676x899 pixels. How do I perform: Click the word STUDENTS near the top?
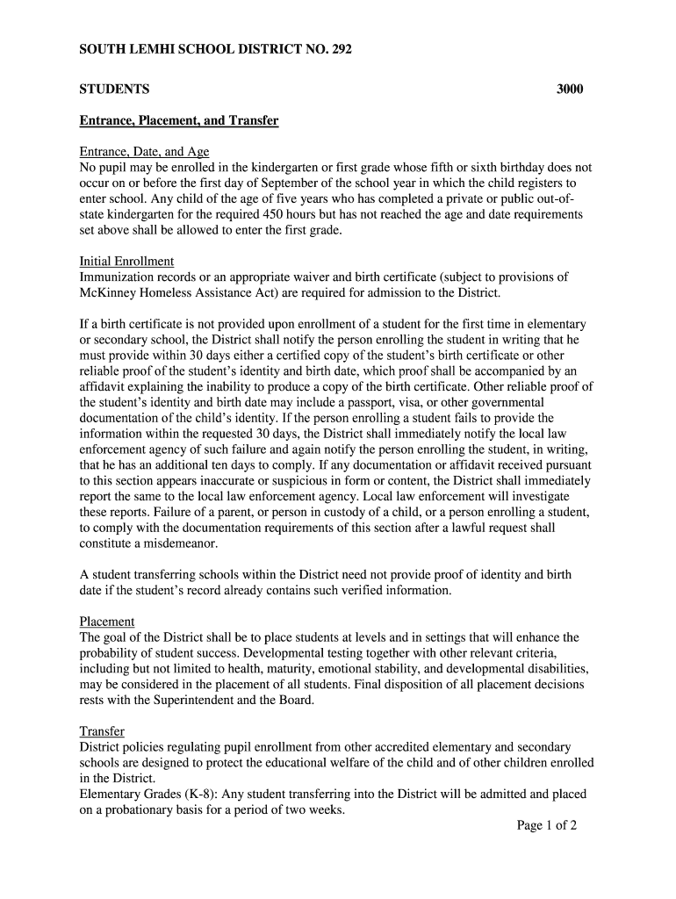tap(114, 90)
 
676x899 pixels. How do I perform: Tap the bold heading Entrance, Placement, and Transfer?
tap(179, 120)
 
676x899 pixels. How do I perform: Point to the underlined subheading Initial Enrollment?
tap(126, 262)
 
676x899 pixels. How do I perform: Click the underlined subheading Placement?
tap(107, 622)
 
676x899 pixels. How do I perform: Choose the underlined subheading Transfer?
tap(102, 731)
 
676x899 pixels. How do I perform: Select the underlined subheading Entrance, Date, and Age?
tap(144, 152)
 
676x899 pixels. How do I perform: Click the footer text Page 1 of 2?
tap(546, 826)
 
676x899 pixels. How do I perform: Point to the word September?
tap(308, 183)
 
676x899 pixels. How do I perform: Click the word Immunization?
tap(118, 277)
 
